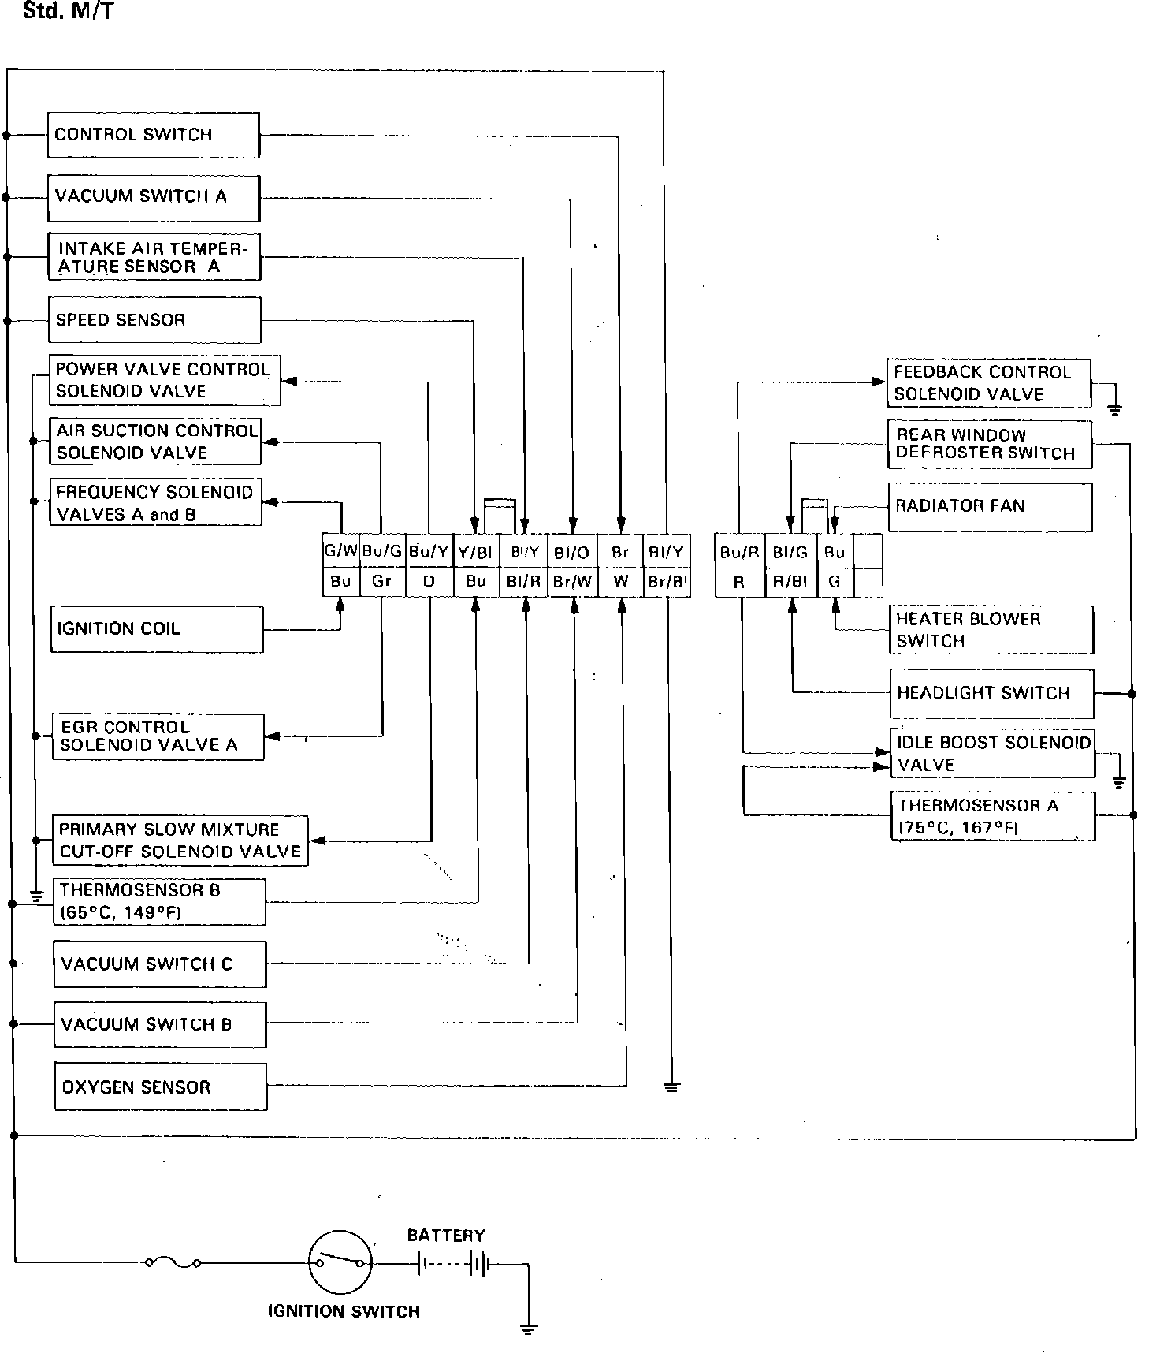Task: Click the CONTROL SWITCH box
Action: [x=154, y=135]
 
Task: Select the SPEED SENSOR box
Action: [x=154, y=320]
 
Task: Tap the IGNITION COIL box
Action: [x=157, y=629]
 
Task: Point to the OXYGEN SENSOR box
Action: [x=161, y=1087]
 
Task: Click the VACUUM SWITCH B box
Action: [x=160, y=1024]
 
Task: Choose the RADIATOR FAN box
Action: [x=990, y=507]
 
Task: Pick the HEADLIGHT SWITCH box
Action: [x=992, y=694]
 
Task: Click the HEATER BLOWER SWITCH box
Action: [x=991, y=630]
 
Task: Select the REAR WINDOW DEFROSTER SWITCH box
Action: [x=990, y=445]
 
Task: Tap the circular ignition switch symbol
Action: [x=340, y=1262]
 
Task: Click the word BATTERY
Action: [x=446, y=1236]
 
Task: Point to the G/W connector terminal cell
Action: [x=341, y=551]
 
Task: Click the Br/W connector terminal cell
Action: [x=573, y=582]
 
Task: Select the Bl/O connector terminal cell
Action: [x=572, y=552]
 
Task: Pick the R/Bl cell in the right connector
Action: [x=790, y=583]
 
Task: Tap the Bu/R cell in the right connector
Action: [x=739, y=552]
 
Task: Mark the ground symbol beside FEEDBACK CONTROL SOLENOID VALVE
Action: [x=1114, y=409]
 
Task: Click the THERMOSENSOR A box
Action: [x=993, y=817]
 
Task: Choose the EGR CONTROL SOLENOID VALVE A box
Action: [x=158, y=736]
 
